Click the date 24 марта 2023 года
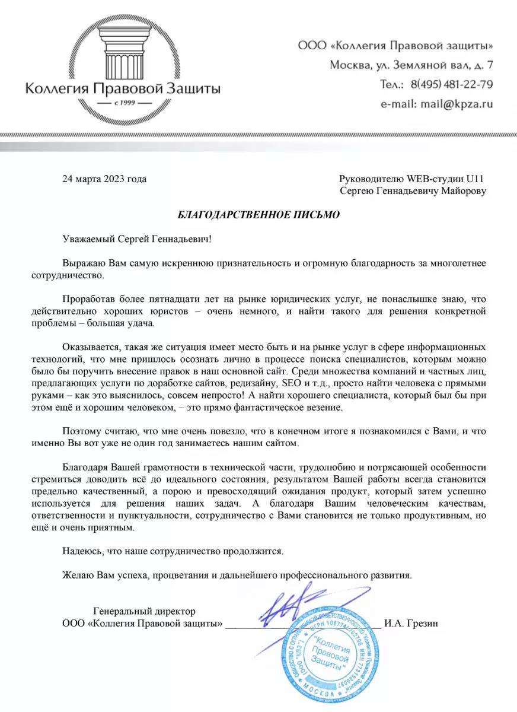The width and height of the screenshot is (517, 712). coord(104,179)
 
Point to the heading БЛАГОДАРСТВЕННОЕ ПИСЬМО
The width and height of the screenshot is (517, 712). coord(259,215)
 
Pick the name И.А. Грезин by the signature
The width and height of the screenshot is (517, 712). coord(411,623)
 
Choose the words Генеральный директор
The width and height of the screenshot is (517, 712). coord(145,611)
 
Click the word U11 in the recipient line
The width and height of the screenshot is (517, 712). coord(477,179)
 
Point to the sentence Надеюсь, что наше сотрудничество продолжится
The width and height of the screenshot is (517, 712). coord(173,551)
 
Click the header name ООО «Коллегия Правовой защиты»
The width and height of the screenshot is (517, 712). coord(394,45)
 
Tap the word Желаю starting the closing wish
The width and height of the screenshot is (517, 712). coord(76,575)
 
